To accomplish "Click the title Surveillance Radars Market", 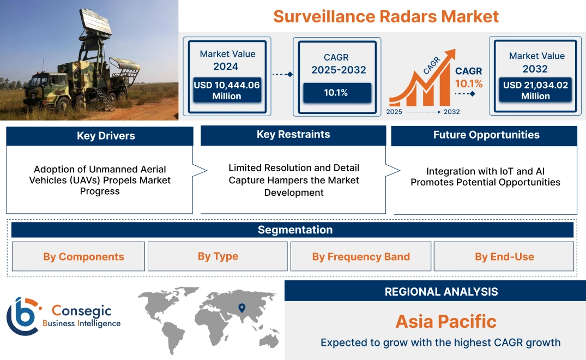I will click(x=386, y=16).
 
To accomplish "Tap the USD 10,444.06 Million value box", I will click(x=227, y=91).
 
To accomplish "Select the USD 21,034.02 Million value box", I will click(x=536, y=91).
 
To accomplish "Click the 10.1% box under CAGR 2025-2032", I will click(x=336, y=93).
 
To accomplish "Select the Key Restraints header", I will click(x=293, y=135).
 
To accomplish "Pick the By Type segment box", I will click(x=218, y=256).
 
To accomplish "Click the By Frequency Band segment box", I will click(x=361, y=256).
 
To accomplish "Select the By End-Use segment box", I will click(x=504, y=256).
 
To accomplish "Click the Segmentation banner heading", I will click(x=295, y=230).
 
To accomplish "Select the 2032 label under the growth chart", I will click(x=451, y=112).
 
